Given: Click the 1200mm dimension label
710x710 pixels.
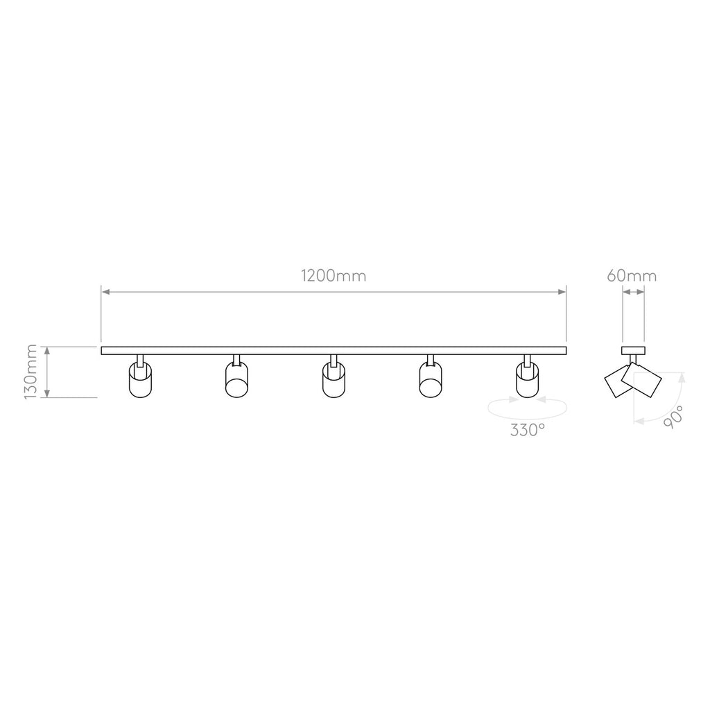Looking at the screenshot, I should pos(334,275).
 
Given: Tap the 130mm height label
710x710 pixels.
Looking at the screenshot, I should pos(31,372).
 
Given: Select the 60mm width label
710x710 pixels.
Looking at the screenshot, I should pos(632,275).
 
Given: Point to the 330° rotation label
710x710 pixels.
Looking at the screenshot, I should pos(528,431).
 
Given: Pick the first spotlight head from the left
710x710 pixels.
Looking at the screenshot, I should pos(139,381).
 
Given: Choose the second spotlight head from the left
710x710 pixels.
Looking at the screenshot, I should pos(236,381).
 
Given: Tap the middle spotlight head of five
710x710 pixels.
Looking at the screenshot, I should pos(333,381).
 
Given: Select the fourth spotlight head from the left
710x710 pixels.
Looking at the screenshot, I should pos(430,381).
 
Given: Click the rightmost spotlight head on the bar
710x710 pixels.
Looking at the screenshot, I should pos(527,381).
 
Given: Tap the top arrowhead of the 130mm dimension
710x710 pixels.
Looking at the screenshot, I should pos(47,351).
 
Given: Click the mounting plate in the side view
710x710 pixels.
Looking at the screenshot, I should pos(633,350).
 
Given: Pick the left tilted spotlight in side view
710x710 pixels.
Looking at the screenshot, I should pos(616,383).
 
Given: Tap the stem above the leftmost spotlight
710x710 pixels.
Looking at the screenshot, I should pos(140,359).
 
